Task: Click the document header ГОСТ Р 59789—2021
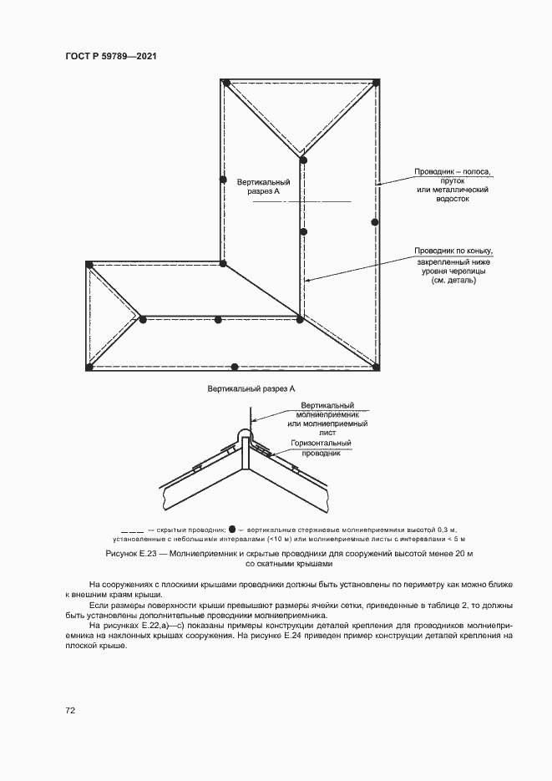[x=111, y=56]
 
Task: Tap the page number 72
[x=70, y=710]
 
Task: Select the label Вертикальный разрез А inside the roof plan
[x=263, y=186]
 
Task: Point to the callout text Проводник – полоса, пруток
[x=453, y=176]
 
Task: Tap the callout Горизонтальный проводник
[x=321, y=448]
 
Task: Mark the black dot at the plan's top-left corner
[x=225, y=82]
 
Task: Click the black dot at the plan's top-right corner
[x=377, y=82]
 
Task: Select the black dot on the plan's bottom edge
[x=235, y=367]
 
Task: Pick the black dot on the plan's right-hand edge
[x=375, y=222]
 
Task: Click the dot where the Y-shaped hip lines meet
[x=303, y=159]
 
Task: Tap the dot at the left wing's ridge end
[x=143, y=319]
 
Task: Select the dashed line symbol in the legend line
[x=132, y=530]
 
